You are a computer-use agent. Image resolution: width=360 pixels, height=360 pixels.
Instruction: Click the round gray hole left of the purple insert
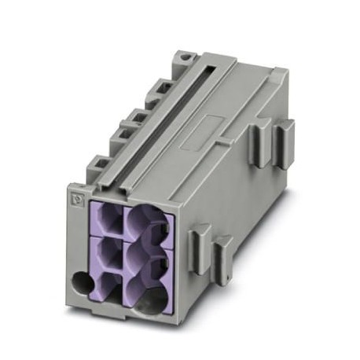coord(81,280)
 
